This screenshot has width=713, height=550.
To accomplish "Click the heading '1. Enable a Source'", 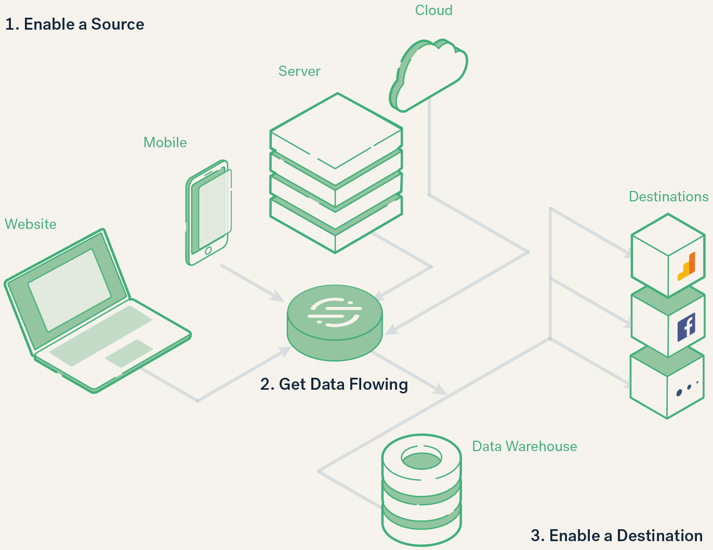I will pos(74,24).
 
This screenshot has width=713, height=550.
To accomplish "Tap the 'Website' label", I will pos(31,224).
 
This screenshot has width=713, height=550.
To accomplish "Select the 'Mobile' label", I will pos(165,143).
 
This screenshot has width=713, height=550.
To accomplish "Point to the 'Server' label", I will pos(299,71).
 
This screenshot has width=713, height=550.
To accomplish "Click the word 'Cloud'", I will pos(433,10).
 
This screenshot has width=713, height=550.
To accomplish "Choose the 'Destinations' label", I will pos(668,197).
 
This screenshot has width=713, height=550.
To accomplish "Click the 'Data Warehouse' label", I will pos(524,446).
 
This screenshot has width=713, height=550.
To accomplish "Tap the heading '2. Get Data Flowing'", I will pos(334,385).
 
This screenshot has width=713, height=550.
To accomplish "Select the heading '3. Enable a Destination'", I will pos(616,535).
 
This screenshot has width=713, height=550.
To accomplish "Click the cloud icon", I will pos(431,73).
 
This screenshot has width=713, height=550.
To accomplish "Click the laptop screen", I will pos(69,289).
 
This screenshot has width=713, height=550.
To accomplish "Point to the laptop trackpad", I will pos(129,353).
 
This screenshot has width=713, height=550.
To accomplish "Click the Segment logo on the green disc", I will pos(335,312).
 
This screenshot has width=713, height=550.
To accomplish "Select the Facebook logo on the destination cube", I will pos(686,327).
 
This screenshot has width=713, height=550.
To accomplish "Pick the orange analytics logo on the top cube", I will pos(687,266).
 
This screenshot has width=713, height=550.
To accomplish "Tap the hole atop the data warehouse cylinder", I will pos(421,459).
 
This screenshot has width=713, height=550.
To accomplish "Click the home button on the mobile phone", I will pos(208,251).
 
